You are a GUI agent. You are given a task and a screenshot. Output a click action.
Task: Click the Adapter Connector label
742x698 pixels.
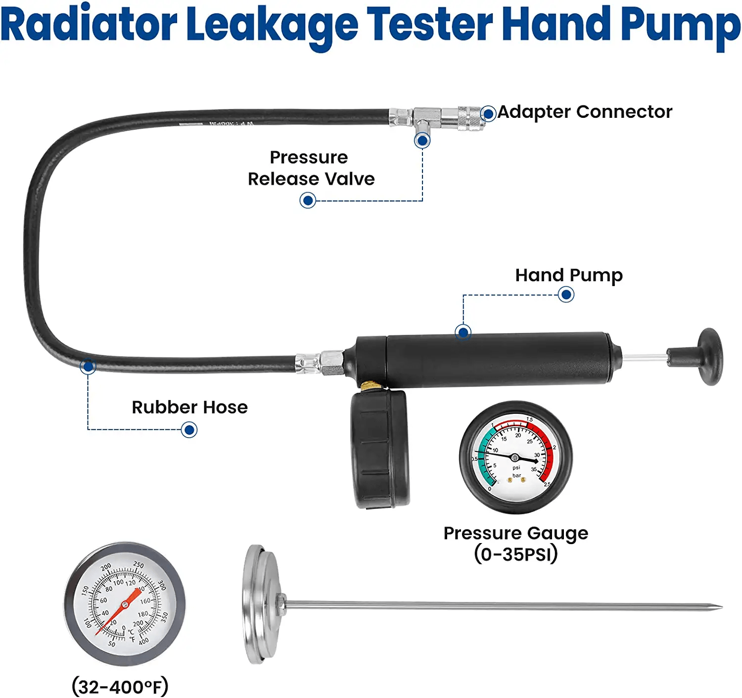(x=585, y=112)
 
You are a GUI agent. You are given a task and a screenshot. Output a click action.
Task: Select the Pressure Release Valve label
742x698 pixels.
(x=311, y=168)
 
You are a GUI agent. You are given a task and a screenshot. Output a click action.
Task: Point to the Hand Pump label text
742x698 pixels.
(x=568, y=275)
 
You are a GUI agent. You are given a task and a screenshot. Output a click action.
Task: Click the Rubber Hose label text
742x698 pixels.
(x=189, y=407)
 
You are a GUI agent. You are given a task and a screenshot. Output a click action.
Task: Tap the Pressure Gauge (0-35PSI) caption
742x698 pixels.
(x=515, y=544)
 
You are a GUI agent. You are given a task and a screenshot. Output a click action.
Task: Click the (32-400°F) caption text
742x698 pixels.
(x=120, y=687)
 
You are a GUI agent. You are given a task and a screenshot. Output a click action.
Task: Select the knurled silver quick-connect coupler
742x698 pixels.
(x=470, y=118)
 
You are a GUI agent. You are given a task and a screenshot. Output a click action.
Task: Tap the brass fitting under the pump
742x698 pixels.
(x=368, y=386)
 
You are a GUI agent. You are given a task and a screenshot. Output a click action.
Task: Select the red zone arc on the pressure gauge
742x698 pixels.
(x=544, y=446)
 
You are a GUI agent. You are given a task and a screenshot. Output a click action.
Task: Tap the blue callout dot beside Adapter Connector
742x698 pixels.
(x=488, y=114)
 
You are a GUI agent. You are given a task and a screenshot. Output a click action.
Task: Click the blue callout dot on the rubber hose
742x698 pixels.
(x=88, y=367)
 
